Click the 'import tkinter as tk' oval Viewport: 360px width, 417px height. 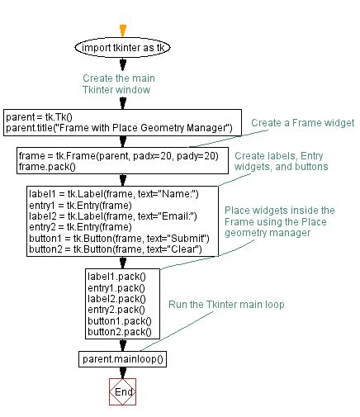[x=121, y=48]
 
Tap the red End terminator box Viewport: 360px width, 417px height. [x=122, y=392]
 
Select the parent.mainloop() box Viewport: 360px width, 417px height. [x=122, y=358]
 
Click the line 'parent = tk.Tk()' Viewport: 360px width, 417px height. [x=39, y=116]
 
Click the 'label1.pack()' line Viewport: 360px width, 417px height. [x=116, y=277]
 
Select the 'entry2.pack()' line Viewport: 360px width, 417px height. [x=116, y=309]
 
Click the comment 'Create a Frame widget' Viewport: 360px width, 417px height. [x=303, y=122]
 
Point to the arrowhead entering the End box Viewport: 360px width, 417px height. [x=122, y=375]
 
